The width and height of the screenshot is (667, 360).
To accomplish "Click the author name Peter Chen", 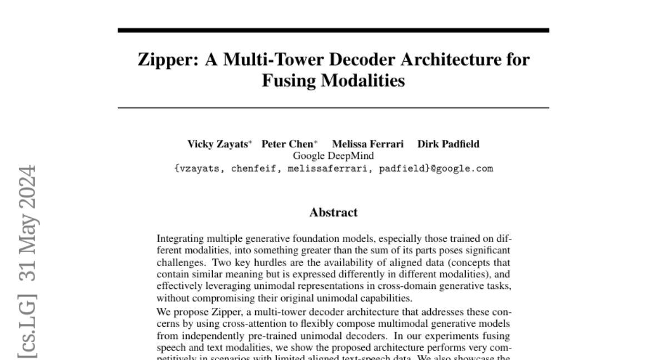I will point(287,144).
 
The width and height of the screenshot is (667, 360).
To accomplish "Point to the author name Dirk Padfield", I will point(449,144).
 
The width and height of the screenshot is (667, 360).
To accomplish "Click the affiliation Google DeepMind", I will point(333,156).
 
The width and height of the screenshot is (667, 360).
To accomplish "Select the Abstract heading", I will point(333,212).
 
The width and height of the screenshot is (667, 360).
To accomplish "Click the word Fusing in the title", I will point(290,81).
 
